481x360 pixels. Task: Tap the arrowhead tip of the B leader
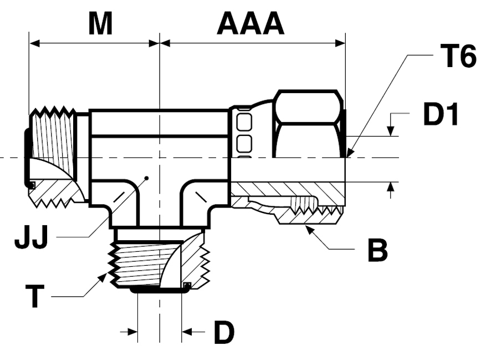click(304, 226)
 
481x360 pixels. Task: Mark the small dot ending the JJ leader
click(146, 179)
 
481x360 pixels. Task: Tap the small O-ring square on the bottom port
click(187, 286)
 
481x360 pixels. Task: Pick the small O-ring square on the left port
click(32, 185)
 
